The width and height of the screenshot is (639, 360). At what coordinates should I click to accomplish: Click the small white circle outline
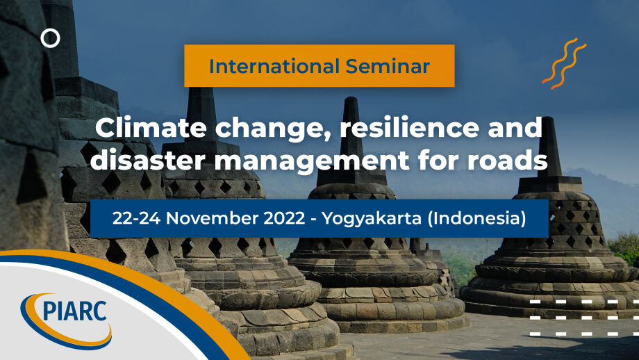coord(50,29)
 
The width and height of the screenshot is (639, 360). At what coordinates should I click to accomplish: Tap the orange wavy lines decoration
coord(564,63)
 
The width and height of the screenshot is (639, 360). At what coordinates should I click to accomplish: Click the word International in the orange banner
coord(274,66)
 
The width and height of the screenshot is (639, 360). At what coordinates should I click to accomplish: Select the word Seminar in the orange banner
coord(388,66)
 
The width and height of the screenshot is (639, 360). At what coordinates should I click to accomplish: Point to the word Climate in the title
coord(151,128)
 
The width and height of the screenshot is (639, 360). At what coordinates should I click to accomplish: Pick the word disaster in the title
coord(148,160)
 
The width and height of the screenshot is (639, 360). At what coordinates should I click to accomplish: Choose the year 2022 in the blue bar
coord(284,218)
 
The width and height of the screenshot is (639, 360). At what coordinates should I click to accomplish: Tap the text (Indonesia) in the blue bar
coord(476,219)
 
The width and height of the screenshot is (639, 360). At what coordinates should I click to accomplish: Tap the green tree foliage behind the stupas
coord(624,248)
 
